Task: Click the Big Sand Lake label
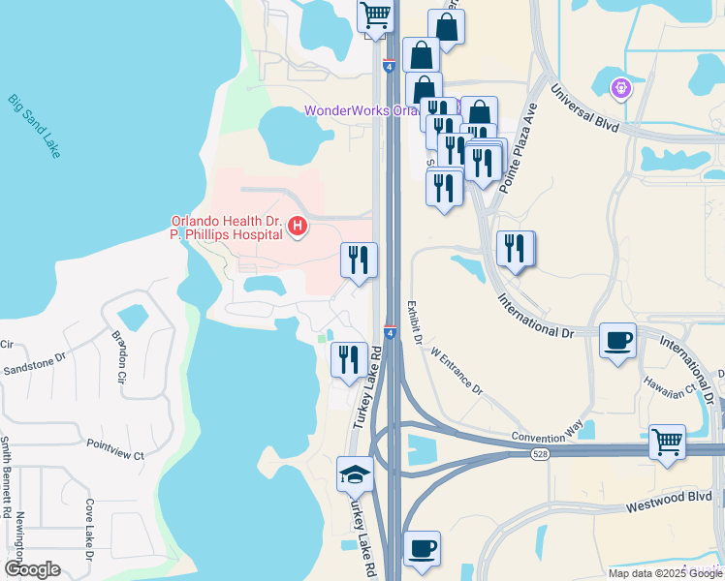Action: (x=34, y=126)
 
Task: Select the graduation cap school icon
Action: (x=355, y=474)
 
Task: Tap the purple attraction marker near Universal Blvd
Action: (x=620, y=88)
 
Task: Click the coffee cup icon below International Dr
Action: (x=617, y=340)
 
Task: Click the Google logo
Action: (x=32, y=569)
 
